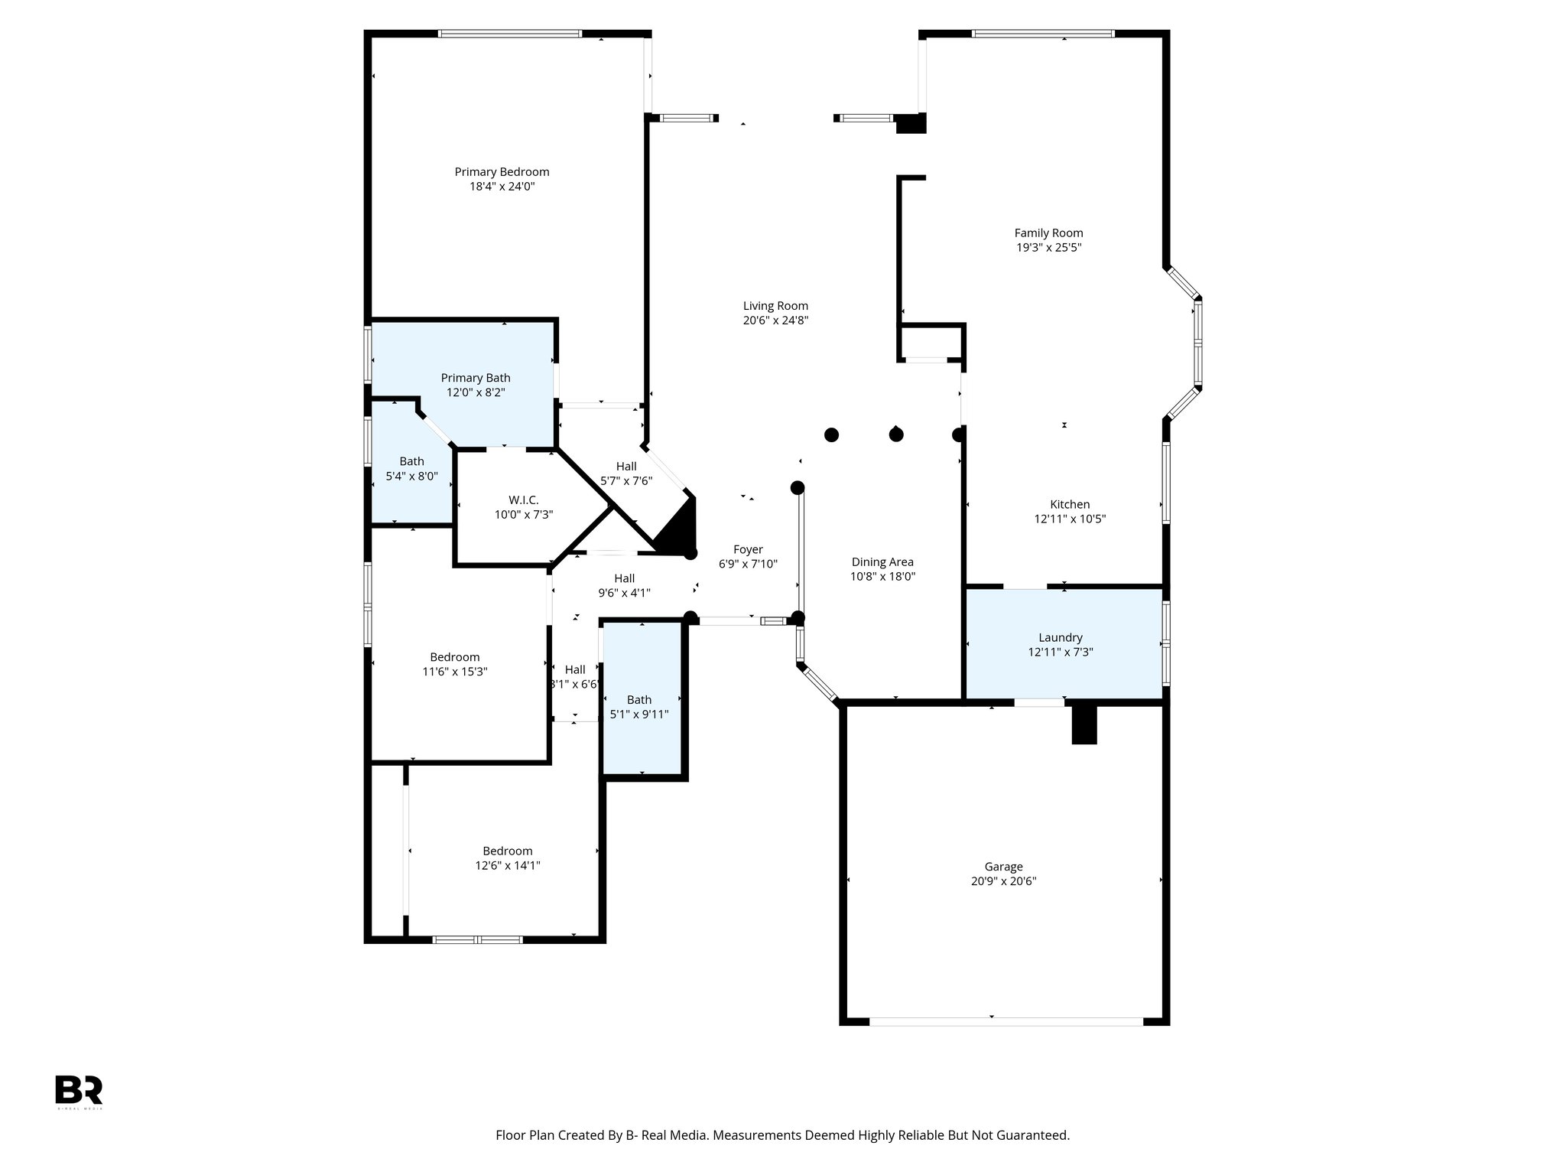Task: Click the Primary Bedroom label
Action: click(502, 172)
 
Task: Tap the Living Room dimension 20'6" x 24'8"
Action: click(775, 321)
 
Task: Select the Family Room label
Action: click(1048, 233)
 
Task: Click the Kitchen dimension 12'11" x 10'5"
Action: click(1070, 519)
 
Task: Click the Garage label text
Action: click(1003, 867)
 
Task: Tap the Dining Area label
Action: click(882, 562)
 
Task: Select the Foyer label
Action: click(748, 549)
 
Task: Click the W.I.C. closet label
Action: click(524, 500)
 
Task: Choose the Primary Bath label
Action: click(476, 378)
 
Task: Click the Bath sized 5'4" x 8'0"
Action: click(411, 468)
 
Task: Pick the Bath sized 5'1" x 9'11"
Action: click(639, 707)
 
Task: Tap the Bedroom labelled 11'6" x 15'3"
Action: click(455, 664)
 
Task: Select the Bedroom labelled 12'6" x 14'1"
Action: click(508, 858)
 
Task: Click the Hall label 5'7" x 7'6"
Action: click(626, 474)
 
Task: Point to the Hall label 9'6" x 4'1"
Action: click(624, 585)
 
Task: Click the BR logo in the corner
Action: click(79, 1089)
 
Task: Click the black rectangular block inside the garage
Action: click(1084, 724)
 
